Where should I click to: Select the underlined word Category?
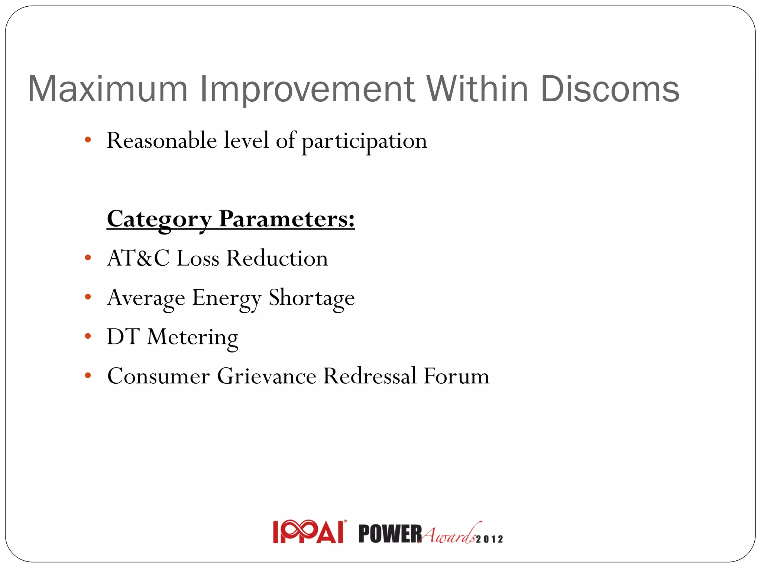159,219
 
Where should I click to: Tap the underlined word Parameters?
286,219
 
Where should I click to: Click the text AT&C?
138,258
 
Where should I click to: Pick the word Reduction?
277,258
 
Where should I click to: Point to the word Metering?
192,338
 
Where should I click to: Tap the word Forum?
456,376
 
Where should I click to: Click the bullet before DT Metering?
88,336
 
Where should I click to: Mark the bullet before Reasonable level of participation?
88,140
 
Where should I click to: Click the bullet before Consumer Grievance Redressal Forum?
88,376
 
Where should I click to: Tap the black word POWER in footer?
390,534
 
